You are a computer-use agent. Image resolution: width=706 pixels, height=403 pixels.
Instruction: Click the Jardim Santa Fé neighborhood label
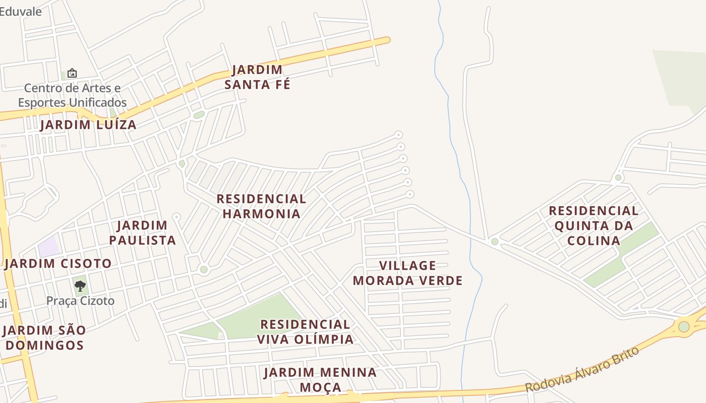pos(257,77)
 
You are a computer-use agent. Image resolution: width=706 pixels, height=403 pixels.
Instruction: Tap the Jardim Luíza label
pos(88,125)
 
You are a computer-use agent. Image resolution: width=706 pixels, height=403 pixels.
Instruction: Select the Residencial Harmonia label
pos(261,206)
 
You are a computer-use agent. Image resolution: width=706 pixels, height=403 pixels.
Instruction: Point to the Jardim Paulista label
pos(143,233)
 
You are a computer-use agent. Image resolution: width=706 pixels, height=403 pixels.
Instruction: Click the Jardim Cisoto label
pos(58,263)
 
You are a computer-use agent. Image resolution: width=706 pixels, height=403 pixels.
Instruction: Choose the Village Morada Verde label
pos(407,273)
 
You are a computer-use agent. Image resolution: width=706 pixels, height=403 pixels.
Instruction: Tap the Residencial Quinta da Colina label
pos(594,225)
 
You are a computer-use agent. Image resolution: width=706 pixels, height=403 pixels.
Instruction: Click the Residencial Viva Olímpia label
pos(305,331)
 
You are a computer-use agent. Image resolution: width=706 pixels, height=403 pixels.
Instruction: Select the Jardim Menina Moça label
pos(320,379)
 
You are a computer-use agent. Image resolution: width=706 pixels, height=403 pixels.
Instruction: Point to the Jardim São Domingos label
pos(44,338)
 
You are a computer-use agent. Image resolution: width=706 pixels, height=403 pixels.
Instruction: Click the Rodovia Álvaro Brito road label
pos(582,369)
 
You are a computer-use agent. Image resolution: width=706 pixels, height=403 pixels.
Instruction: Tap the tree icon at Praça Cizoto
pos(80,286)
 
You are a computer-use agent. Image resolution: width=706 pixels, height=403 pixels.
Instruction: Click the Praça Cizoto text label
pos(81,301)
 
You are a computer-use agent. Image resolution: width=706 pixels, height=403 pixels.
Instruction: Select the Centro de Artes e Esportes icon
pos(72,73)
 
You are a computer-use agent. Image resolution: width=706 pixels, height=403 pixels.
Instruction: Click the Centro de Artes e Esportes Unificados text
pos(72,95)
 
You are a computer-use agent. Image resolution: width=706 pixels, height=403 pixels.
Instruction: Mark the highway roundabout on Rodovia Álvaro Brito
pos(683,326)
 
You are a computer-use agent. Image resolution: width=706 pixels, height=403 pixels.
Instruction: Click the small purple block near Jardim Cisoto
pos(49,247)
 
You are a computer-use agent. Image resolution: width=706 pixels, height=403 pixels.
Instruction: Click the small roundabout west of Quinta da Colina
pos(495,242)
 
